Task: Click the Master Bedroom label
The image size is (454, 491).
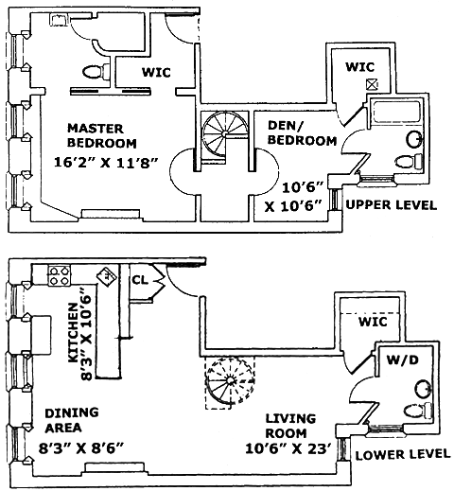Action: point(102,135)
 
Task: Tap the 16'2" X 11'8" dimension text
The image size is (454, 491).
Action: point(106,163)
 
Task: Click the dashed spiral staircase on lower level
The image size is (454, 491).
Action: point(230,382)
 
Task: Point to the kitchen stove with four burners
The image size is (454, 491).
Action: point(60,275)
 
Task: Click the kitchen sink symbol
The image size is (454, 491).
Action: point(106,276)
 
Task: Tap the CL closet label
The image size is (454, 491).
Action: point(140,279)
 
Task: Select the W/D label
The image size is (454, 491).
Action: point(403,359)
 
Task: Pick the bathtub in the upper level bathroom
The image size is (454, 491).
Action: point(396,112)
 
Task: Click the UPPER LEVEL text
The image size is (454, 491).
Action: point(392,205)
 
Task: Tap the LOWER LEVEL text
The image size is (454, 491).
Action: point(403,454)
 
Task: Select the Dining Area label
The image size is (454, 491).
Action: point(72,420)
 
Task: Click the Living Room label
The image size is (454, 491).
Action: point(290,426)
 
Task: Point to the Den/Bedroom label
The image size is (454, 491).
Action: point(302,132)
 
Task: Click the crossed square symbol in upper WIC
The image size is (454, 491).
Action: point(372,84)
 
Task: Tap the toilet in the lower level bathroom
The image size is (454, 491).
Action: point(418,411)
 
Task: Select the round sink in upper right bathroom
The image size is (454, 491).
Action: point(414,139)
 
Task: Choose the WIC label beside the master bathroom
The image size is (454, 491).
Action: point(156,72)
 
